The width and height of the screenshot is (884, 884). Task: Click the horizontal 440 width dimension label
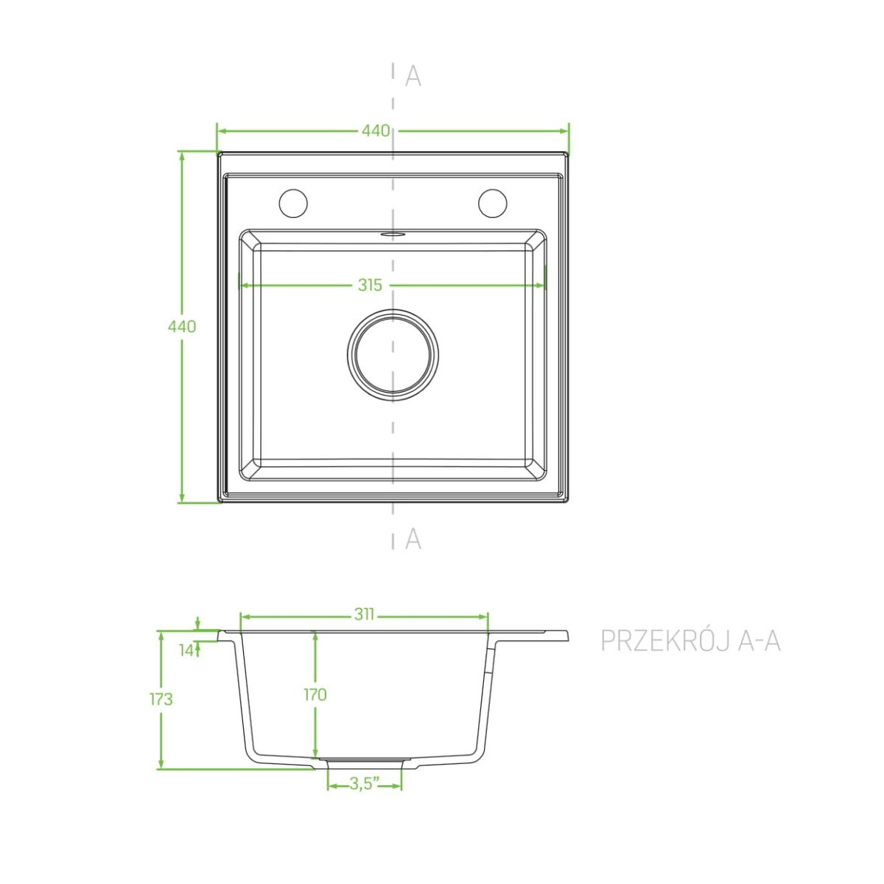(375, 130)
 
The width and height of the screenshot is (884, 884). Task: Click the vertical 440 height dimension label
(182, 326)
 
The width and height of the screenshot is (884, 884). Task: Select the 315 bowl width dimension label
(370, 285)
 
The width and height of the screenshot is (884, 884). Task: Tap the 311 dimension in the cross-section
(365, 614)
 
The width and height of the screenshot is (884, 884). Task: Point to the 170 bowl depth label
(315, 695)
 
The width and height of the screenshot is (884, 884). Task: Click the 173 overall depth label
(161, 699)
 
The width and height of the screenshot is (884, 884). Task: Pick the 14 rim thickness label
(186, 650)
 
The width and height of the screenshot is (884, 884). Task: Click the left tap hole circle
(293, 203)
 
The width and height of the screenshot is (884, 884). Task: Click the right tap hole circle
(493, 203)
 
